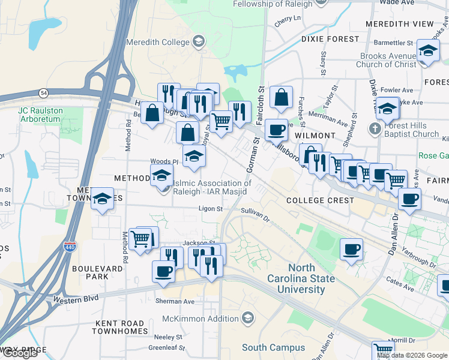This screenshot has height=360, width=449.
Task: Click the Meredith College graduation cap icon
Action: point(199,41)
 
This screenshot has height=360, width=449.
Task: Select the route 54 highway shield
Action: point(43,93)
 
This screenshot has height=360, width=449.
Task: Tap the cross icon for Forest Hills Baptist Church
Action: point(375,129)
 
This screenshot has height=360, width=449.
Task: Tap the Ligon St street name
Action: point(211,209)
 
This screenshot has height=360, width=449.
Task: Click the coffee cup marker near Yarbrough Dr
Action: point(351,248)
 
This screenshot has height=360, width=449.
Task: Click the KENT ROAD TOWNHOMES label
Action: point(121,327)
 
